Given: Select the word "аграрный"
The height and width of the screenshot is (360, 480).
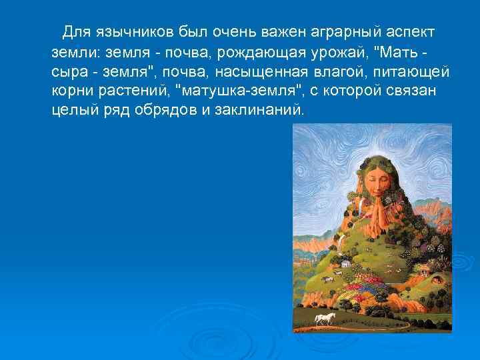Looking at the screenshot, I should click(347, 32).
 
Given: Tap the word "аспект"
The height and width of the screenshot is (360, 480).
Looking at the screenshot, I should click(410, 32).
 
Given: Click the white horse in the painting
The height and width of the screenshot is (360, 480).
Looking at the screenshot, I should click(325, 318).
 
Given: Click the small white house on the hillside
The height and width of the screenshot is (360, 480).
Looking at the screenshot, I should click(344, 263).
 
